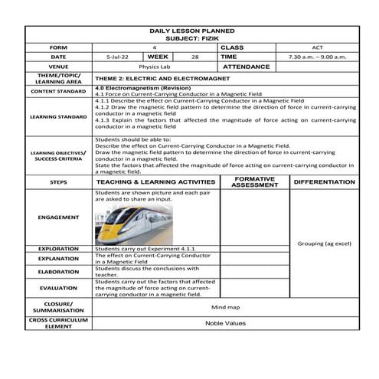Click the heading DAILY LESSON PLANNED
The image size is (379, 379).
(191, 31)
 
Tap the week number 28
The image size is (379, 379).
(194, 57)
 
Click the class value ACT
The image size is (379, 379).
(317, 47)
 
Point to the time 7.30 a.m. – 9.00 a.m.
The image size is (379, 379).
(317, 57)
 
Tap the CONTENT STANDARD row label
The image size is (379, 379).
(58, 91)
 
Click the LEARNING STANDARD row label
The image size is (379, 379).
(58, 116)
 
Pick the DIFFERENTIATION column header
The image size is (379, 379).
(324, 181)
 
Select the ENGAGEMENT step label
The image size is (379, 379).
(58, 217)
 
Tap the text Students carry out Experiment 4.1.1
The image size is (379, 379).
(145, 249)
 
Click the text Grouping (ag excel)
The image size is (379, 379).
(324, 243)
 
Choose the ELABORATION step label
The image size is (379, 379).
(58, 271)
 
